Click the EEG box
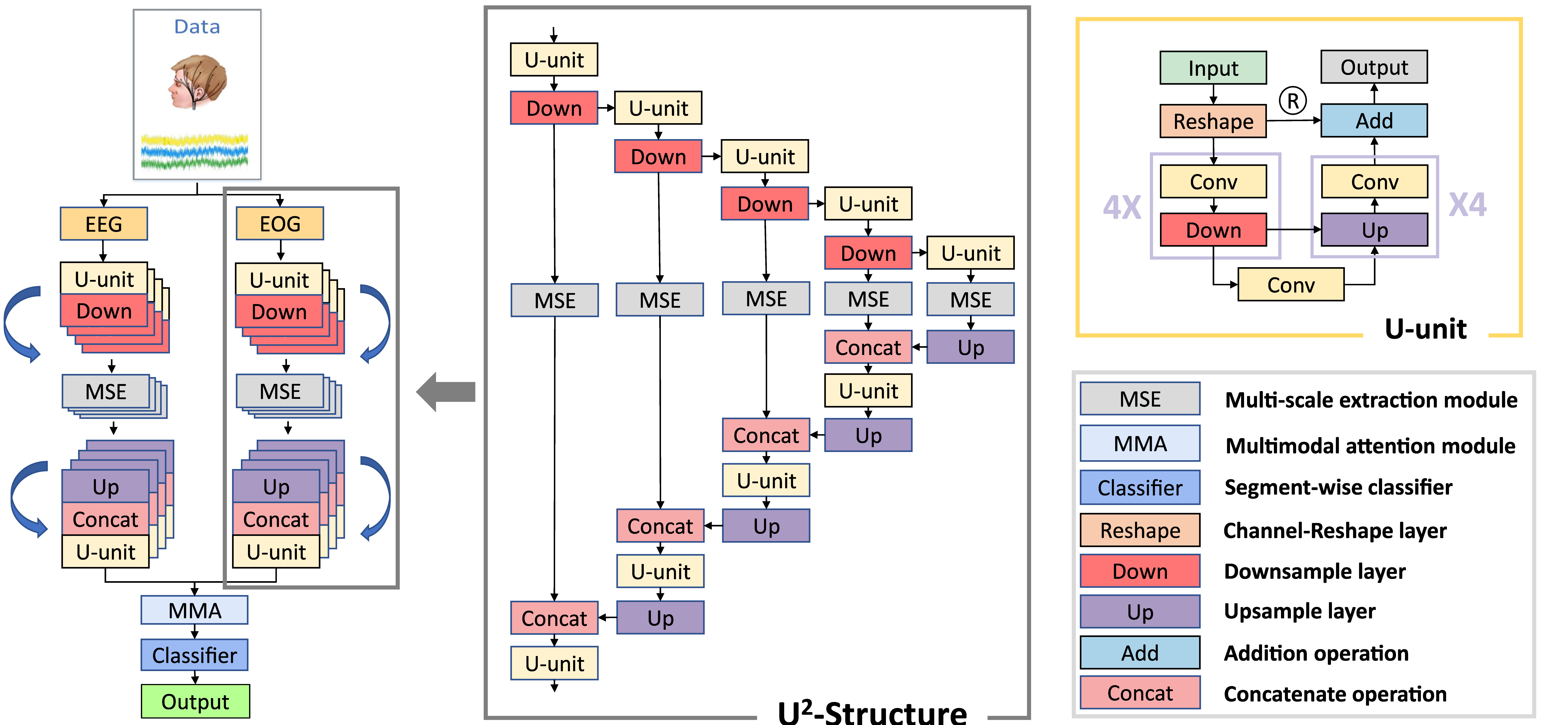pos(104,224)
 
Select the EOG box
pos(280,224)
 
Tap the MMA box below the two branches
pos(195,610)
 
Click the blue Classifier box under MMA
pos(195,655)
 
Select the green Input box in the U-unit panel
pos(1213,68)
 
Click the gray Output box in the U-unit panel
pos(1374,67)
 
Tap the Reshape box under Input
pos(1213,121)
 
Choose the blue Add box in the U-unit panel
pos(1374,121)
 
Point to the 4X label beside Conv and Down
pos(1122,207)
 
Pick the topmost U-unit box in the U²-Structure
pos(554,60)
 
